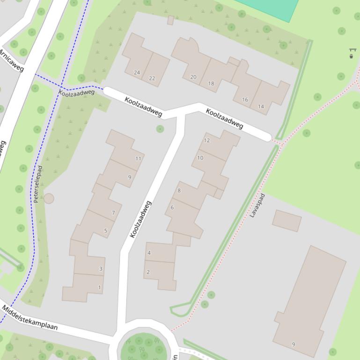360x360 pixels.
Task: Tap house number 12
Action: [x=207, y=140]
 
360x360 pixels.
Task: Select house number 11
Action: [x=138, y=158]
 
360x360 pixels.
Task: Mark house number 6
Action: [x=172, y=208]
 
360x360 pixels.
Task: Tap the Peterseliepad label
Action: [x=37, y=184]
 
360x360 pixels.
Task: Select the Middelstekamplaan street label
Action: [x=29, y=317]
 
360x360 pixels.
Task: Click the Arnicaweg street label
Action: [x=11, y=61]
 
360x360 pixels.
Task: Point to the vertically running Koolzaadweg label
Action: [x=141, y=219]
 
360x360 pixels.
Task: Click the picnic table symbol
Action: [x=352, y=50]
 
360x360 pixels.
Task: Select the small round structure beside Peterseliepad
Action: [x=49, y=199]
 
